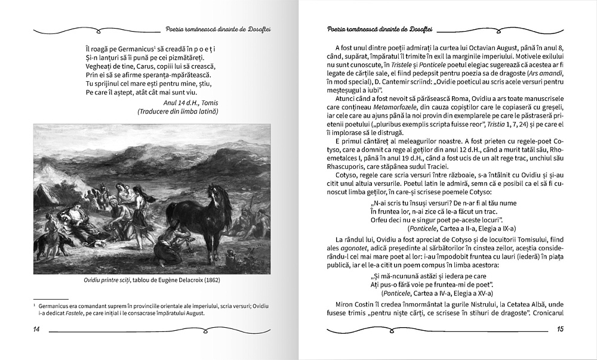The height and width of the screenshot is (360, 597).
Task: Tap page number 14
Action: (36, 330)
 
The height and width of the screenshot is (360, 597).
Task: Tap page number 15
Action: (559, 329)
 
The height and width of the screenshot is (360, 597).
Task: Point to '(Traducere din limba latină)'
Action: (178, 111)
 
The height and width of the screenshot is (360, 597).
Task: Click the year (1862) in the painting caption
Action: (217, 279)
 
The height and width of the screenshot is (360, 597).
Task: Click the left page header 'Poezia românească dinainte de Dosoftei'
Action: (219, 29)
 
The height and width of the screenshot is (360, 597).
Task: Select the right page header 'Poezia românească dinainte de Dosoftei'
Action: (380, 29)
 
